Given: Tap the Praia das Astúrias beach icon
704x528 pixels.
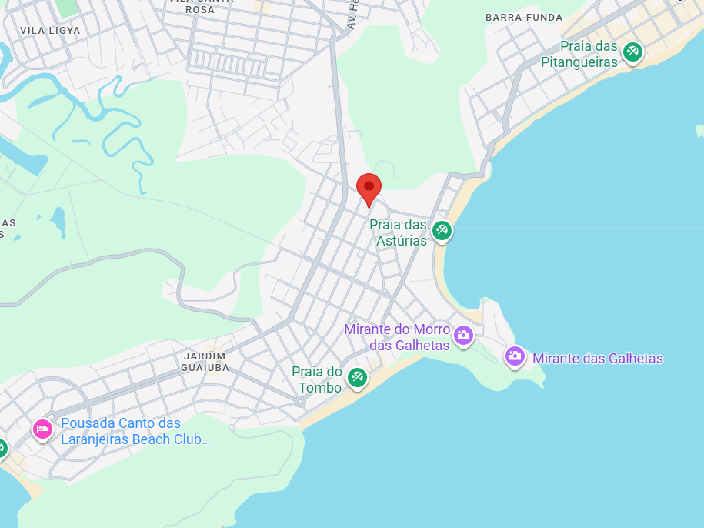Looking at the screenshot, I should [x=442, y=229].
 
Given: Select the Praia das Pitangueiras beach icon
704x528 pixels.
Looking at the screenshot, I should [x=632, y=52].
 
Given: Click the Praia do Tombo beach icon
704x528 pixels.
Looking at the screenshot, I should [x=356, y=377].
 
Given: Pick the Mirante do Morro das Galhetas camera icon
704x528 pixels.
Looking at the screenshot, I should [x=463, y=335].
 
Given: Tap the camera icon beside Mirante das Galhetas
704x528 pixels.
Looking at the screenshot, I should [x=515, y=356].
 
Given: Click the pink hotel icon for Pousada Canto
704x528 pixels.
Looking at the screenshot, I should [x=42, y=429].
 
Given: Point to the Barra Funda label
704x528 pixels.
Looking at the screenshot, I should [x=524, y=17].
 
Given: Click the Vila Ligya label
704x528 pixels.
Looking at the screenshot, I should [x=50, y=30].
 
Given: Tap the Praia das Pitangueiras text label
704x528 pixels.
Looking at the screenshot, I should [x=579, y=55].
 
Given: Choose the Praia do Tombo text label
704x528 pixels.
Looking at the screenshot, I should [x=317, y=380].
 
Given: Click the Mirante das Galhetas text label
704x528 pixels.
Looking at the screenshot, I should [x=597, y=359].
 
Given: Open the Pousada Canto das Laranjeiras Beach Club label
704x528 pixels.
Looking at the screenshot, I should [x=135, y=431].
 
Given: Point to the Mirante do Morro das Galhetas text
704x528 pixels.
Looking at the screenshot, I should [x=398, y=337].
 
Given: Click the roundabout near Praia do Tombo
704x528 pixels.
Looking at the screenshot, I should [x=300, y=402].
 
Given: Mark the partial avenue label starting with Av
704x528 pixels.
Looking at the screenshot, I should [x=353, y=15].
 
